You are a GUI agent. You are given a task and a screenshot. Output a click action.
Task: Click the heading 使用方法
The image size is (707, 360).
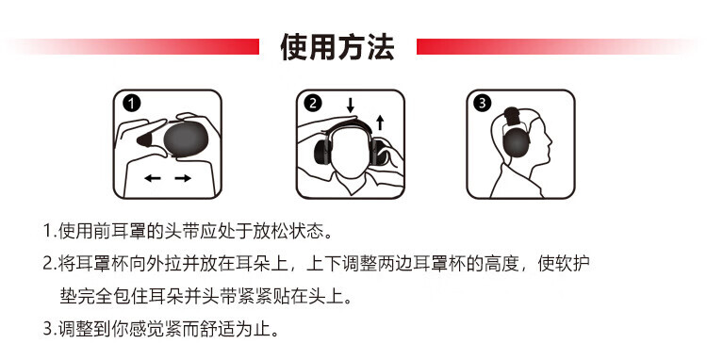click(x=337, y=47)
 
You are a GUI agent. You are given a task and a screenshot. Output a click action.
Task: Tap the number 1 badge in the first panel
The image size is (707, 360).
click(x=132, y=104)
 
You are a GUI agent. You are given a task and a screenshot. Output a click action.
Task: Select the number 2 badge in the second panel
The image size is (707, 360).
click(x=313, y=104)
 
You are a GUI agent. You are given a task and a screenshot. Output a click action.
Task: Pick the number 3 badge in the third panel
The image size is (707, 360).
click(x=482, y=104)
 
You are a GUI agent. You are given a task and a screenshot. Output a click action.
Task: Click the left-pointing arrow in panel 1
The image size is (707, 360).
click(x=153, y=178)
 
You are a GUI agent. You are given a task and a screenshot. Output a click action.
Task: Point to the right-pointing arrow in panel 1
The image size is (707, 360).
click(x=183, y=178)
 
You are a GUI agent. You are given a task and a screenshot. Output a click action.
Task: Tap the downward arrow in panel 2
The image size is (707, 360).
click(x=351, y=105)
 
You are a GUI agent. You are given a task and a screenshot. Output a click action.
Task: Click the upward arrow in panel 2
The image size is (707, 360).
click(x=380, y=123)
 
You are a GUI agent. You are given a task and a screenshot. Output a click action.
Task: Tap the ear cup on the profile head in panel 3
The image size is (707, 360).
click(x=517, y=142)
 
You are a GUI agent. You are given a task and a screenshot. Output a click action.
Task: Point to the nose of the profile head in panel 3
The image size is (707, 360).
click(x=550, y=139)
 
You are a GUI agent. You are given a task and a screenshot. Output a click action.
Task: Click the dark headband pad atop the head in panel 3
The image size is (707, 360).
click(x=512, y=116)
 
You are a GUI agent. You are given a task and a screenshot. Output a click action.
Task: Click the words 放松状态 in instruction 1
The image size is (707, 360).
click(x=297, y=231)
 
